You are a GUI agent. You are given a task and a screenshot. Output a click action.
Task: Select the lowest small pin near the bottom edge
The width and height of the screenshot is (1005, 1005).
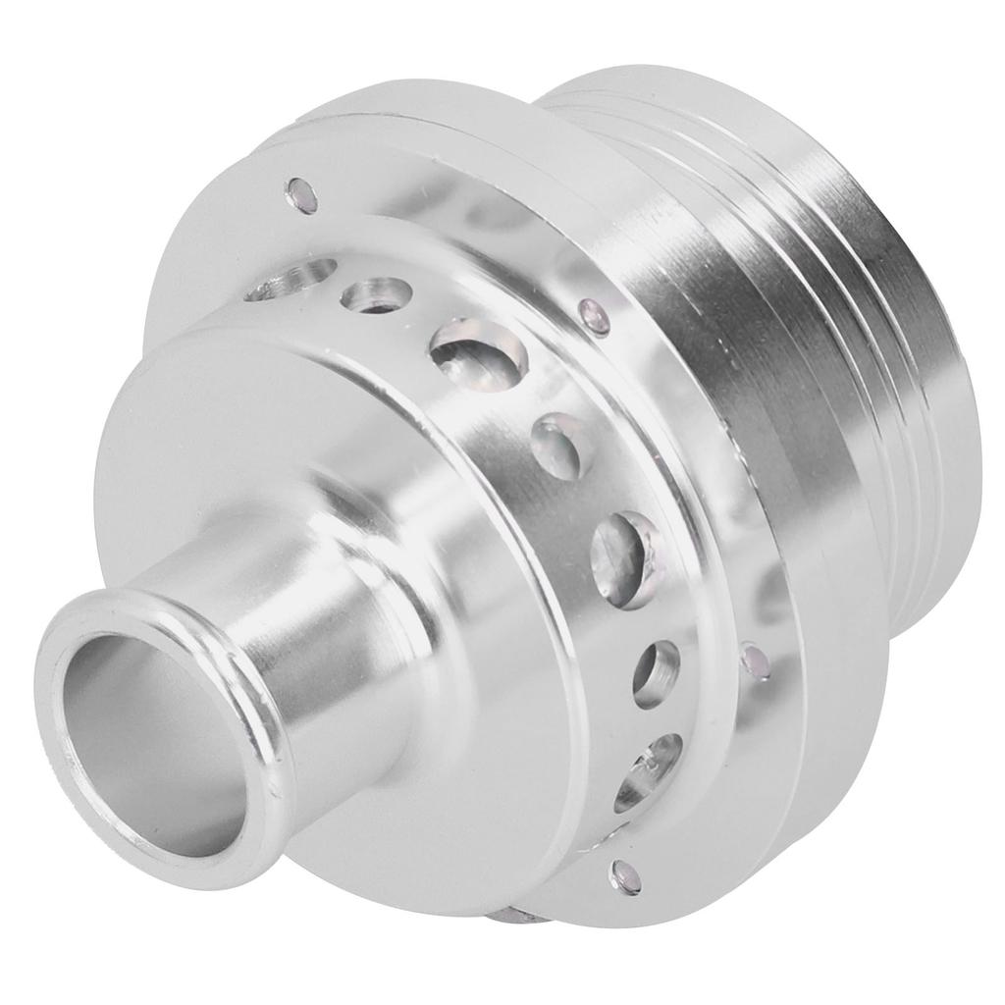pos(623,876)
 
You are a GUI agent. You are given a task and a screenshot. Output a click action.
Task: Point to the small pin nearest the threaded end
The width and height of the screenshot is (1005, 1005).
pos(755,660)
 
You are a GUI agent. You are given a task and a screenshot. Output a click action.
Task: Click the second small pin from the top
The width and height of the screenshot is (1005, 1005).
pos(593,316)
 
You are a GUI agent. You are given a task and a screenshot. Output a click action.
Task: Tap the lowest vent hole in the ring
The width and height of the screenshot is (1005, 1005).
pos(647,770)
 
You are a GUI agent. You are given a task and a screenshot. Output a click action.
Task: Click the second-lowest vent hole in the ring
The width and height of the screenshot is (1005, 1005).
pos(656,673)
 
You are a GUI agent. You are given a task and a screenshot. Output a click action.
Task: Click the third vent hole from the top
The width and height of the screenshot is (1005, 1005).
pos(478,353)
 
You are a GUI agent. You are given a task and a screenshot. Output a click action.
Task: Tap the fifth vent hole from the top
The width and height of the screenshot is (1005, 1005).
pos(624,557)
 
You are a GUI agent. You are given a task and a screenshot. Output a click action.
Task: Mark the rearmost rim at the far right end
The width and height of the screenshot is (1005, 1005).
pos(942,393)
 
